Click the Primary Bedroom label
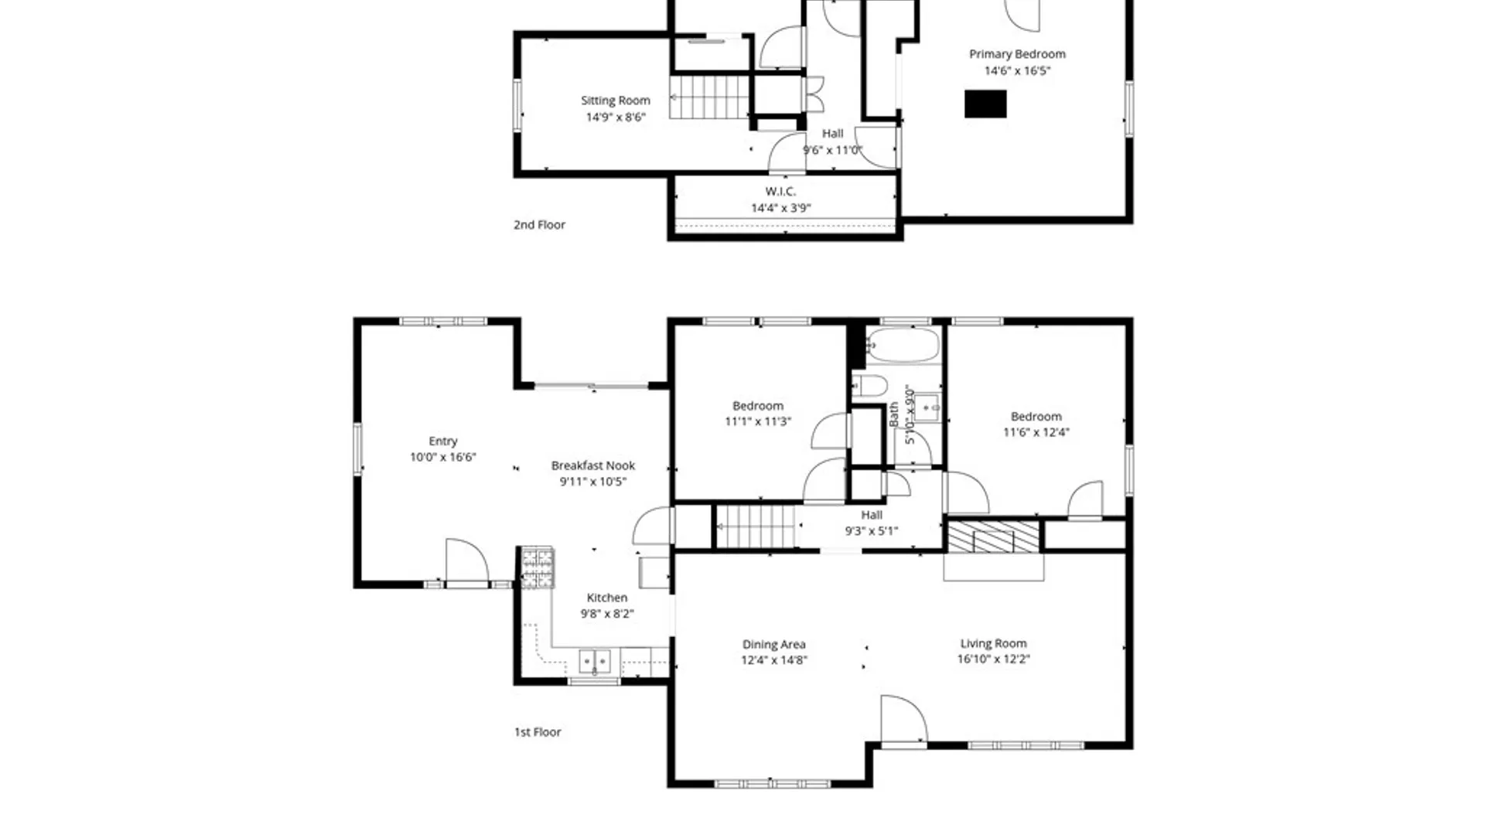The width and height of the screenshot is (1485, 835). pyautogui.click(x=1017, y=54)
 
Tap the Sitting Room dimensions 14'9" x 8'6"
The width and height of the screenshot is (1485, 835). pyautogui.click(x=616, y=118)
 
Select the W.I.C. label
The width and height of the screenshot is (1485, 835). pyautogui.click(x=780, y=191)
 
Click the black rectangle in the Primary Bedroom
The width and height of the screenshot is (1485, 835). pyautogui.click(x=985, y=104)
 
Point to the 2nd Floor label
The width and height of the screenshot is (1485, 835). pyautogui.click(x=539, y=225)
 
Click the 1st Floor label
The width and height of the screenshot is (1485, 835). pyautogui.click(x=538, y=731)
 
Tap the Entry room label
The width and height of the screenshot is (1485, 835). pyautogui.click(x=443, y=441)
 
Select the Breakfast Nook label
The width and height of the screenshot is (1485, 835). pyautogui.click(x=593, y=465)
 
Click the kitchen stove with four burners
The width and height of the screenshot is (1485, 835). pyautogui.click(x=537, y=568)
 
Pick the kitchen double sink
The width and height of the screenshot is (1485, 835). pyautogui.click(x=595, y=662)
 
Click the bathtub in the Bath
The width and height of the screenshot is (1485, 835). pyautogui.click(x=903, y=345)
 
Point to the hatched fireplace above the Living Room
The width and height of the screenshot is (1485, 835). pyautogui.click(x=994, y=537)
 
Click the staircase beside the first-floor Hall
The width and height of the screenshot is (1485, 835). pyautogui.click(x=756, y=527)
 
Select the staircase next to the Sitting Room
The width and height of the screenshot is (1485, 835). pyautogui.click(x=709, y=97)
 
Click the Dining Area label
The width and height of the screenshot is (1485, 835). pyautogui.click(x=774, y=644)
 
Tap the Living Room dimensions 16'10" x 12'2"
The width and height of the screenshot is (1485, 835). pyautogui.click(x=994, y=659)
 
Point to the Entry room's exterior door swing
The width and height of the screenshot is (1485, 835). pyautogui.click(x=467, y=560)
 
